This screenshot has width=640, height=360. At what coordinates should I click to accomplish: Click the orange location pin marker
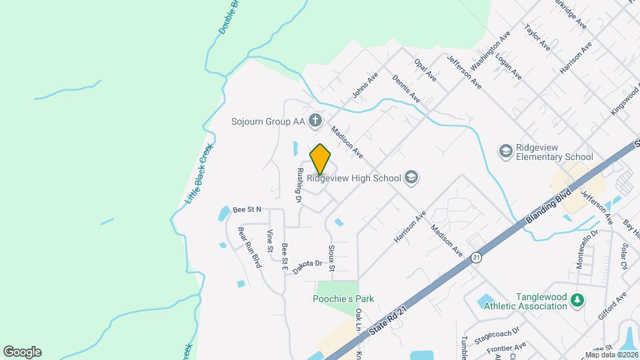coord(320,159)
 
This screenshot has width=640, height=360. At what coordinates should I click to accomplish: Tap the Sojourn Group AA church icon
coord(316,121)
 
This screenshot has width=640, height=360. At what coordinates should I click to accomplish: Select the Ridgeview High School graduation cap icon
coord(411,177)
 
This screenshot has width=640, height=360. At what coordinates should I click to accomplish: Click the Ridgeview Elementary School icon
coord(505,152)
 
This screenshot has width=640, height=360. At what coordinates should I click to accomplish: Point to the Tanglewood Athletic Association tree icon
coord(577,301)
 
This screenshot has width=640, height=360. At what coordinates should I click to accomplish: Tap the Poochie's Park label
coord(343,299)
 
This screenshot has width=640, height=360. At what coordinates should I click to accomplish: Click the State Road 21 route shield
coord(476,257)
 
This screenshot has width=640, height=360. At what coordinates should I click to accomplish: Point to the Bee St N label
coord(247,209)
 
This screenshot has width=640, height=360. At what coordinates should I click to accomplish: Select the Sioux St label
coord(331,257)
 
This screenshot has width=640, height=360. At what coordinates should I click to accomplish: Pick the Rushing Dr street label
coord(299,185)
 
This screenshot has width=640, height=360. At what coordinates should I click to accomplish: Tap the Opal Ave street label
coord(425,70)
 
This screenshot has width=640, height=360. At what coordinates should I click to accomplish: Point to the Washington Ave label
coord(490,50)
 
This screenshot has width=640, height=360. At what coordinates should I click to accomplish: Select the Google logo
coord(22,351)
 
